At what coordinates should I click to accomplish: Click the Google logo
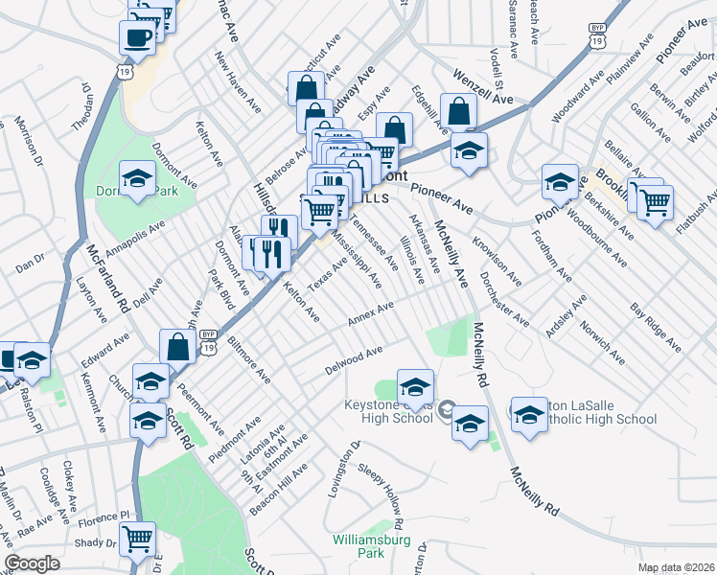coord(32,563)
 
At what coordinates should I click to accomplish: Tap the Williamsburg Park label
coord(371,546)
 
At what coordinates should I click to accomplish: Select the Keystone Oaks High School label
coord(388,411)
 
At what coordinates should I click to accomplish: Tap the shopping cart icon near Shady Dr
coord(138,539)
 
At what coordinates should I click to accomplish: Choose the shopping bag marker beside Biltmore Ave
coord(178,346)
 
